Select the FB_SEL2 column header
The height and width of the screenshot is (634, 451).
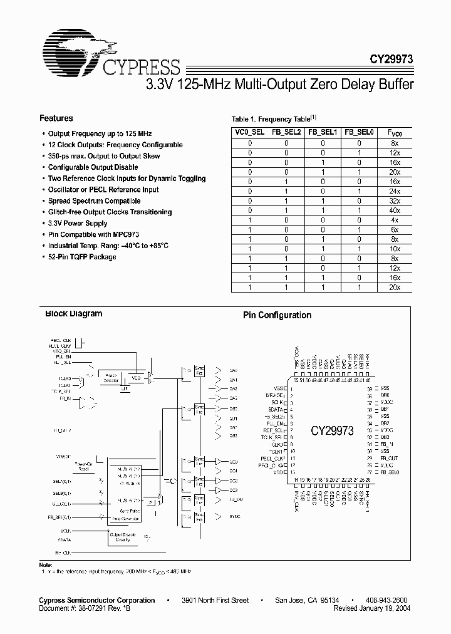point(286,133)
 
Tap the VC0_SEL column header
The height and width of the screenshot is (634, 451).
point(249,133)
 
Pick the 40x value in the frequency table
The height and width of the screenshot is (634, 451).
point(394,211)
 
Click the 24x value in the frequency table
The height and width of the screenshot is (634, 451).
point(394,192)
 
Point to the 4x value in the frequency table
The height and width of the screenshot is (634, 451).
point(394,221)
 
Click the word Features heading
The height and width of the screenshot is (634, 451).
point(56,118)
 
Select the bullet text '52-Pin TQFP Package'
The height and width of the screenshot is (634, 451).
point(82,257)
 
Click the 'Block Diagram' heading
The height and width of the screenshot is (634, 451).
point(73,314)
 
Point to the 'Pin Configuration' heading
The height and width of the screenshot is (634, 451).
point(277,316)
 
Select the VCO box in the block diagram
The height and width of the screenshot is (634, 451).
point(135,378)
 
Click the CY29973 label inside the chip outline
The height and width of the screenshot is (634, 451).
point(333,431)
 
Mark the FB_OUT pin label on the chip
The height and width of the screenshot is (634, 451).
point(389,458)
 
